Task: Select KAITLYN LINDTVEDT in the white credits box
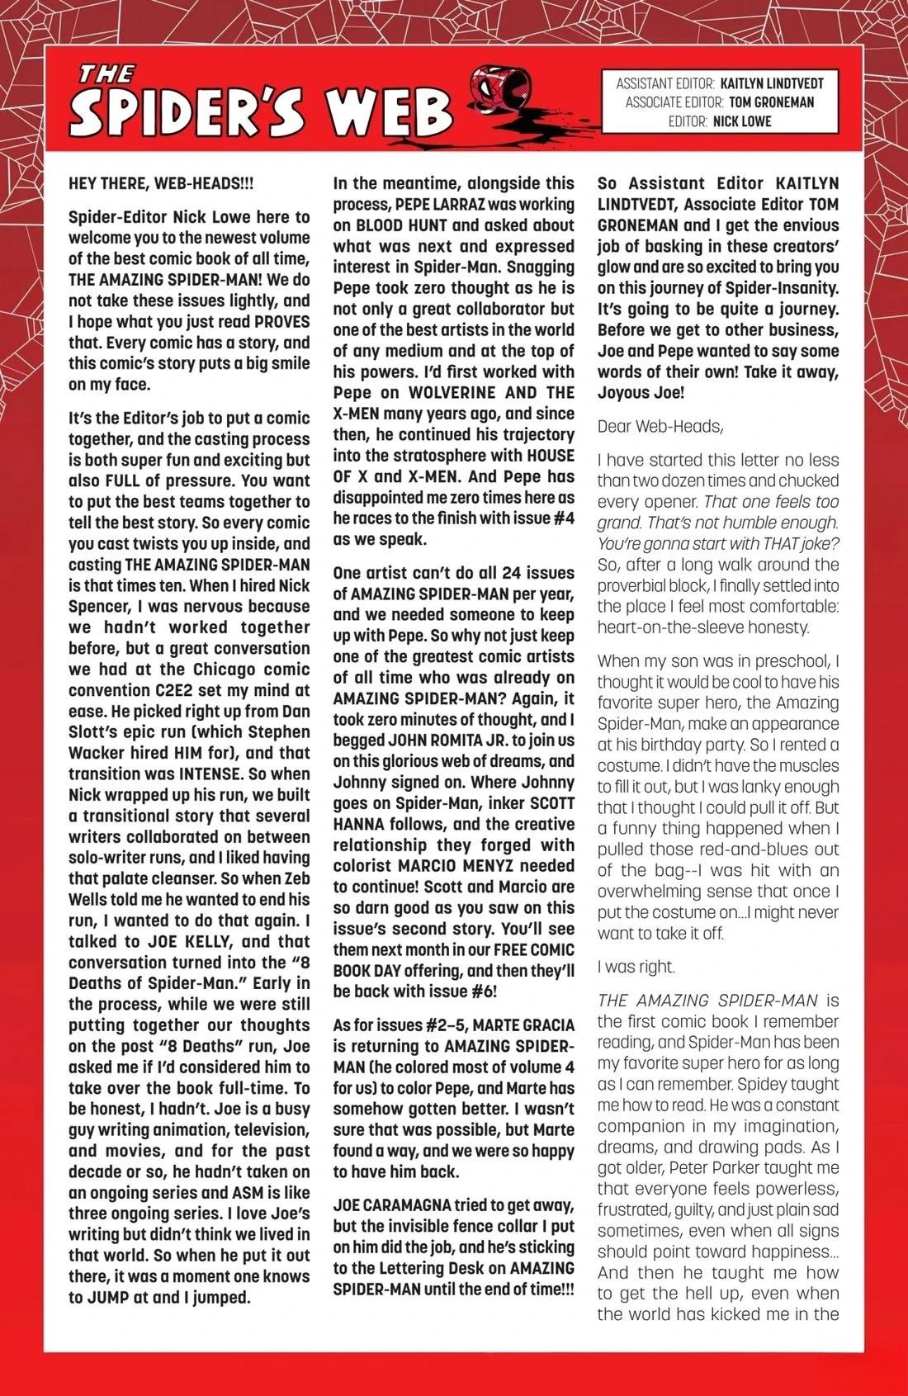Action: click(x=772, y=83)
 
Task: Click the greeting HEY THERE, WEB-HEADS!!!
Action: click(x=161, y=183)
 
